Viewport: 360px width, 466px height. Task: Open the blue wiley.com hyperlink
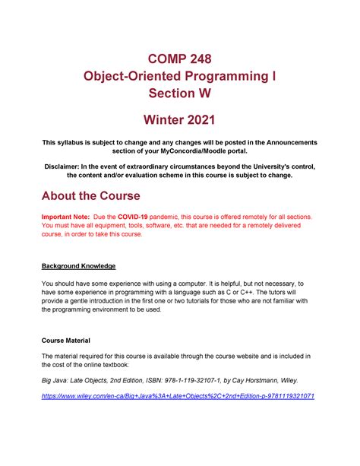click(178, 397)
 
